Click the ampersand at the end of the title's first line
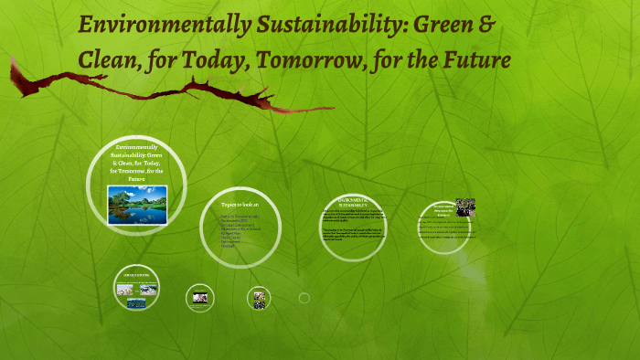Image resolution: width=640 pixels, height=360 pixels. click(x=487, y=25)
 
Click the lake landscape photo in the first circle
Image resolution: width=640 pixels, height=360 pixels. click(x=136, y=205)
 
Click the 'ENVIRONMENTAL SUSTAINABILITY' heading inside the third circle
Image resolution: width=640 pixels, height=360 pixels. click(x=351, y=202)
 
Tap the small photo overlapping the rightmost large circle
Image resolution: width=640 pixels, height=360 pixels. click(x=465, y=206)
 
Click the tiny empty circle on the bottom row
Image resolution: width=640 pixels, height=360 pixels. click(x=304, y=298)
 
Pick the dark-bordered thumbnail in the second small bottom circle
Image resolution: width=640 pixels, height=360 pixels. click(x=199, y=296)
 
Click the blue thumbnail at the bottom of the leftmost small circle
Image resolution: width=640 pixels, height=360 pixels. click(x=136, y=304)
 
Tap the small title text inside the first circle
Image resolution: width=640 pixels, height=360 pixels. click(x=136, y=163)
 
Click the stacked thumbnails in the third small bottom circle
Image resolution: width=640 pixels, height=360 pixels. click(x=259, y=298)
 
